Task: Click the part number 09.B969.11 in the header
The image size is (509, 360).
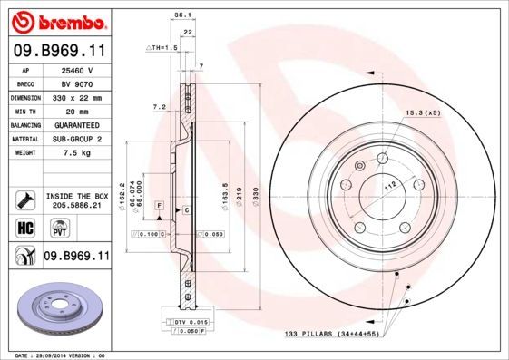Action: (59, 51)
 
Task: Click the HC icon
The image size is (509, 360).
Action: (25, 226)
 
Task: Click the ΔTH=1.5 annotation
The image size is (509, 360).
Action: (161, 46)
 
